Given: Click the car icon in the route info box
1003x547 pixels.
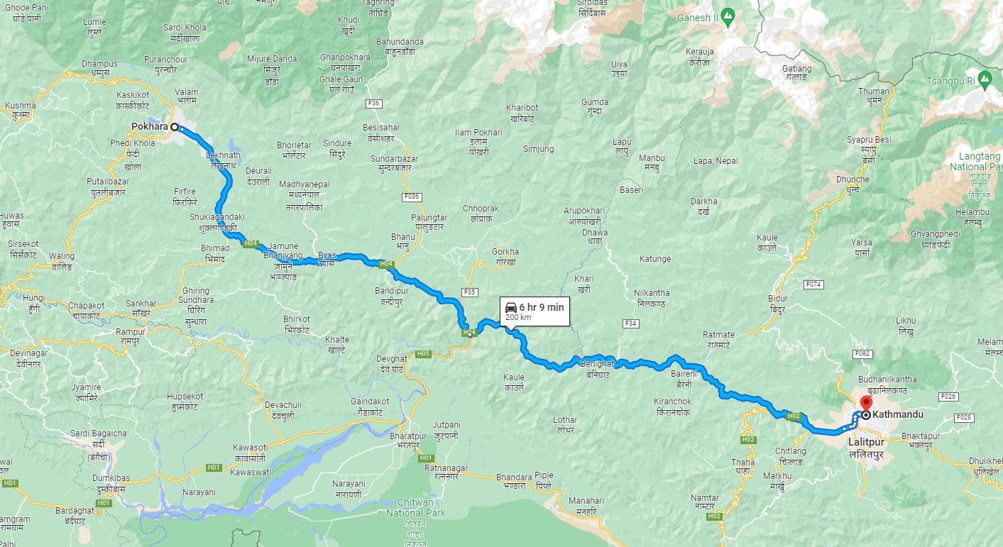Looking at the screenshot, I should tap(510, 307).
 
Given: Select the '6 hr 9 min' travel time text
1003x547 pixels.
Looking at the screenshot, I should tap(541, 307).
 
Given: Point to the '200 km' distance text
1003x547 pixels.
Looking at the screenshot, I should tap(517, 318).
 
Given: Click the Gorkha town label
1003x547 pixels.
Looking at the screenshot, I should tap(505, 252).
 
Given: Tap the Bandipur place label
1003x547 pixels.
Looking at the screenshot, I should tap(392, 291).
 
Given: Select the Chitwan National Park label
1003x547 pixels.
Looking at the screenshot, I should tap(415, 508).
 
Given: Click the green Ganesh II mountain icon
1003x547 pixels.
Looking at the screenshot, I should tap(727, 15).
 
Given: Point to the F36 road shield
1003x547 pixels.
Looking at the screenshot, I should tap(374, 104).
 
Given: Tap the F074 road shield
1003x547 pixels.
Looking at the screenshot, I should tap(813, 284).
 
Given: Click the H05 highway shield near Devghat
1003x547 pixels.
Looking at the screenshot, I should tap(423, 353).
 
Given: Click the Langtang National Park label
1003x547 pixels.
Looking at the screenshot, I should tap(976, 161).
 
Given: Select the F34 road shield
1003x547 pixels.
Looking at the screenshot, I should tap(630, 324).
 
